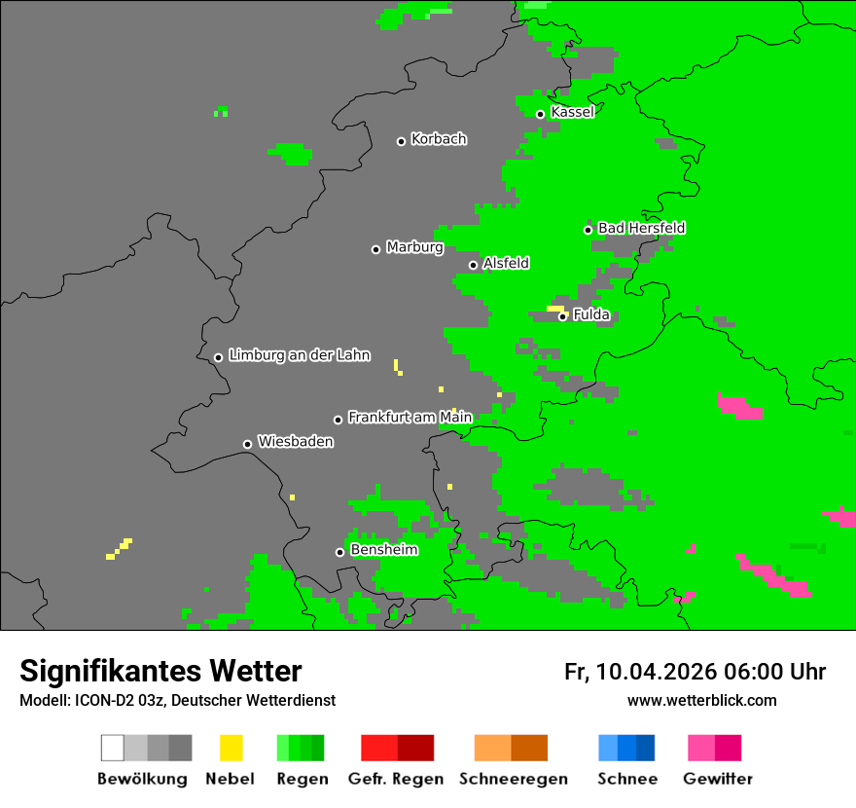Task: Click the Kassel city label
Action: (x=572, y=112)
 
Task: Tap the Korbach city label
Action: (x=439, y=139)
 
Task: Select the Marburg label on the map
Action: (x=414, y=247)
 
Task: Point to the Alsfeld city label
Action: (x=506, y=263)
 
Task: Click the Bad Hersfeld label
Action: (x=641, y=228)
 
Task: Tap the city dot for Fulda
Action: (x=562, y=316)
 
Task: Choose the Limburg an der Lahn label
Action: (x=299, y=355)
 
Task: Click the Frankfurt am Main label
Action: (x=410, y=418)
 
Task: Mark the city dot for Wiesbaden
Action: (x=247, y=444)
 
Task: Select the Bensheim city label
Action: (x=383, y=550)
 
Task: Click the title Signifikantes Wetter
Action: (x=160, y=672)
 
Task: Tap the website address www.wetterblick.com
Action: (x=701, y=700)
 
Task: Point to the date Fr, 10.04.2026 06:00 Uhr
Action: (x=695, y=672)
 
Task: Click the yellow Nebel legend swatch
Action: (x=231, y=748)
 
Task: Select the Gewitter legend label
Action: (x=717, y=779)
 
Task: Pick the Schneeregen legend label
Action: (x=513, y=779)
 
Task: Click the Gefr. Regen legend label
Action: (x=396, y=779)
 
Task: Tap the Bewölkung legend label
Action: (x=142, y=779)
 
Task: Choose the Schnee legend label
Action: (x=626, y=779)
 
